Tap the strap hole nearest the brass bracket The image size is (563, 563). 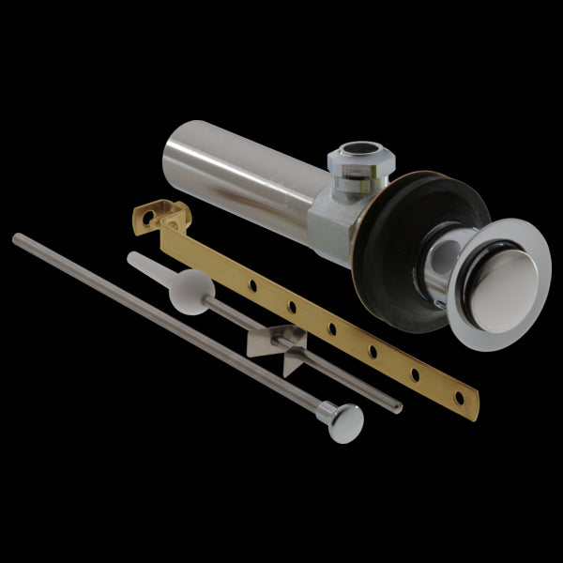click(x=251, y=280)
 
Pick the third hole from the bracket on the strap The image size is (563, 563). click(x=332, y=327)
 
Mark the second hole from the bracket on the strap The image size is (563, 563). click(x=292, y=304)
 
